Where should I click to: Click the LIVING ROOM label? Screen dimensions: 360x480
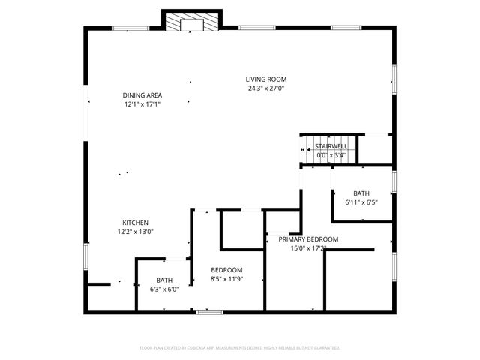266,79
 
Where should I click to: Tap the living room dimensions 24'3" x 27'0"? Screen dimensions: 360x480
266,88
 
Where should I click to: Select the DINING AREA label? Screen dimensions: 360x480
142,95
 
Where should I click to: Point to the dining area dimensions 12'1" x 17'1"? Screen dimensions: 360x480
142,104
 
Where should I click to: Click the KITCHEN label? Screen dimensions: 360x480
136,223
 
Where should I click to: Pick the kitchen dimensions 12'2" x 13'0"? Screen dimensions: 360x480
136,232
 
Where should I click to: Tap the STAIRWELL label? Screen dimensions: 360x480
330,145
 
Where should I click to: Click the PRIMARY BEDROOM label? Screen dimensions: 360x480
308,239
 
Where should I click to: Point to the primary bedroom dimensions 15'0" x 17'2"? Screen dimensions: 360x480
308,248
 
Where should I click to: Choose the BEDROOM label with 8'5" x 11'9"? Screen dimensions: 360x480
226,270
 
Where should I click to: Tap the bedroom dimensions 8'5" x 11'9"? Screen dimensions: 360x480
226,279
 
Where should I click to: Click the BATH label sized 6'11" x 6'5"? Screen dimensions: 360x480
361,193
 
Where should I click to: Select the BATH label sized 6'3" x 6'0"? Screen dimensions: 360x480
164,280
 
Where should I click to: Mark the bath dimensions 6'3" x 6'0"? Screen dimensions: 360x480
164,289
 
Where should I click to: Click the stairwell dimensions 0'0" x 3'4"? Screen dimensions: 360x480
330,154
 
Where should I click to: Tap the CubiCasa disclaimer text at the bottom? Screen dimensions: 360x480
240,348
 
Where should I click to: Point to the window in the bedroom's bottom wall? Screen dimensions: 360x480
208,310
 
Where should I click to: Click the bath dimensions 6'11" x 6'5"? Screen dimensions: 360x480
361,202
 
